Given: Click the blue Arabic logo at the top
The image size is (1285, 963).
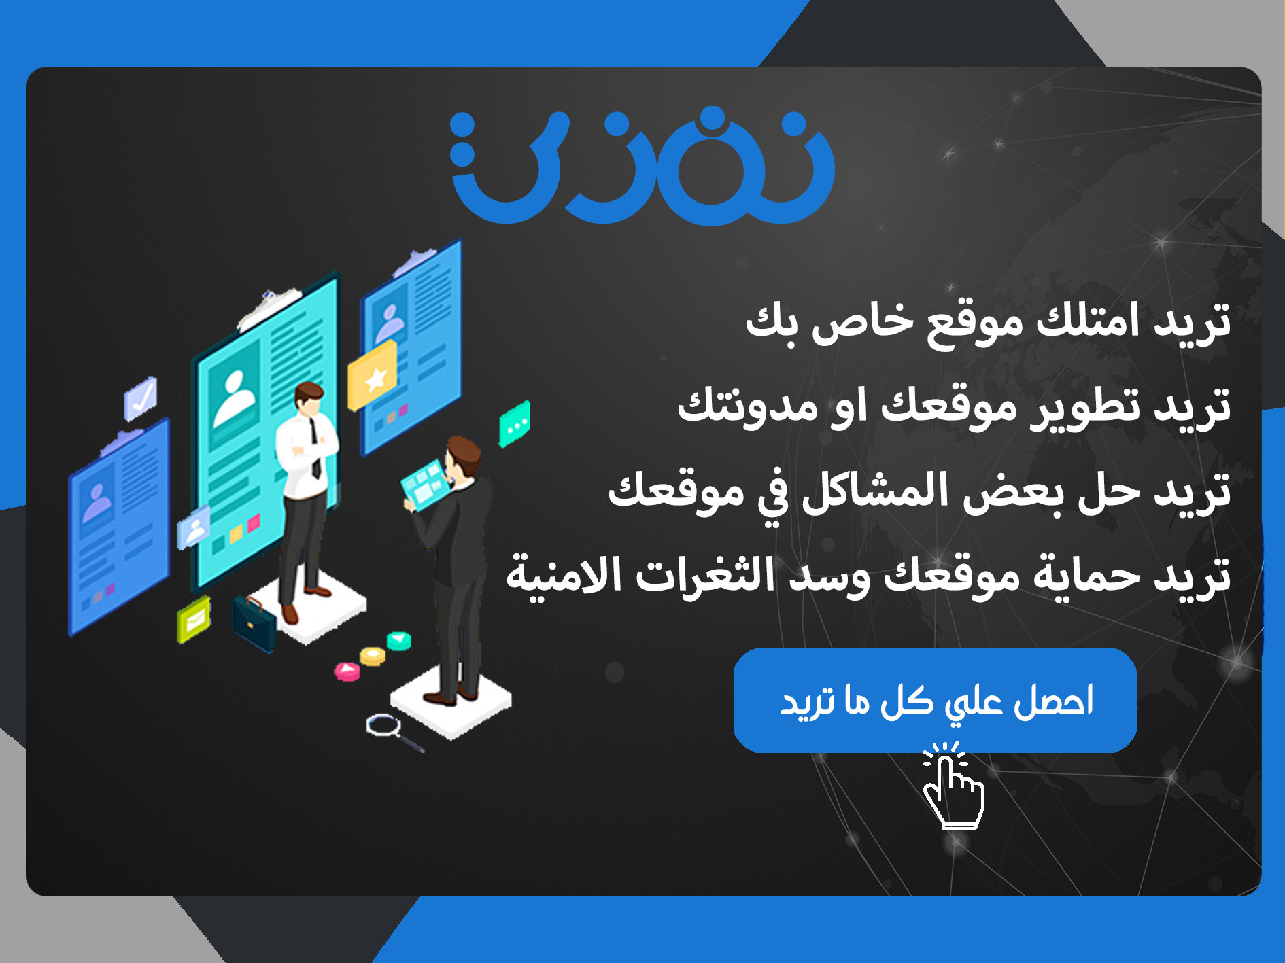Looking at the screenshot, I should pyautogui.click(x=642, y=167).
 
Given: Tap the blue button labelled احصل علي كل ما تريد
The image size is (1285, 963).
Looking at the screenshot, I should pyautogui.click(x=935, y=700).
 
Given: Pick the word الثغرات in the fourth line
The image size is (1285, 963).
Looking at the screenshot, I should pyautogui.click(x=710, y=575).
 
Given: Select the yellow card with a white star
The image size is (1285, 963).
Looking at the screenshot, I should pyautogui.click(x=373, y=376).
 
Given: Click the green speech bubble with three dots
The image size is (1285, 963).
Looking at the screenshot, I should pyautogui.click(x=515, y=423).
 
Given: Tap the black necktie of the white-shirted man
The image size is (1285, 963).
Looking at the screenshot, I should pyautogui.click(x=314, y=449).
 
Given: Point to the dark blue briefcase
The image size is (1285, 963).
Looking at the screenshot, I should pyautogui.click(x=254, y=621).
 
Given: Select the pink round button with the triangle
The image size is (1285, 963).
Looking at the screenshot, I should pyautogui.click(x=347, y=671).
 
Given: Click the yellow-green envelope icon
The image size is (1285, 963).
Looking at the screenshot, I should pyautogui.click(x=194, y=619).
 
